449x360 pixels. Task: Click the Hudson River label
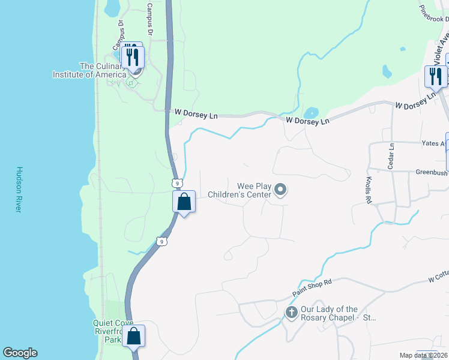pyautogui.click(x=19, y=189)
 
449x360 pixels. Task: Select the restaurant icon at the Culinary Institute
pyautogui.click(x=132, y=57)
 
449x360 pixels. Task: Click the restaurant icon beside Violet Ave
pyautogui.click(x=435, y=76)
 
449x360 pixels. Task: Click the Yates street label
pyautogui.click(x=434, y=143)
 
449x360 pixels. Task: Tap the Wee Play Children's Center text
pyautogui.click(x=239, y=190)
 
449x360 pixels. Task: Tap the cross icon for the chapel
pyautogui.click(x=291, y=312)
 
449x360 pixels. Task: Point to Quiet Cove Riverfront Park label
pyautogui.click(x=105, y=331)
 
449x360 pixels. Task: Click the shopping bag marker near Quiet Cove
pyautogui.click(x=133, y=336)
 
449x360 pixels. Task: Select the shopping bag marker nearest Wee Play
pyautogui.click(x=184, y=202)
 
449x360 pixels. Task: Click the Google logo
pyautogui.click(x=20, y=353)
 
